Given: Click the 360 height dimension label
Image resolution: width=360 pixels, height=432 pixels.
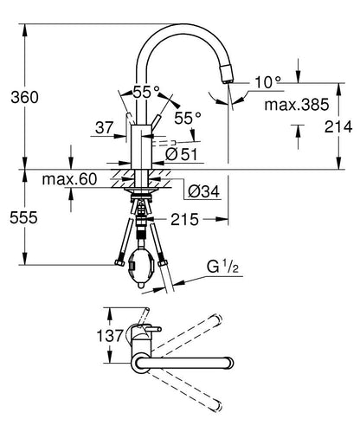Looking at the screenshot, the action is pyautogui.click(x=24, y=97).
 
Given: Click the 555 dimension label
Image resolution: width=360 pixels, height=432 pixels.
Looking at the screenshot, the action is pyautogui.click(x=23, y=217).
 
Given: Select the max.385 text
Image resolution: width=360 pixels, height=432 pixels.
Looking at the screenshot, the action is pyautogui.click(x=297, y=105).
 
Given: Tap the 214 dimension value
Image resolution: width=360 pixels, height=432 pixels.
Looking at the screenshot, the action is pyautogui.click(x=338, y=126).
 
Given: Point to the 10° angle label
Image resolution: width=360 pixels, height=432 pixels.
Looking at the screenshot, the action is pyautogui.click(x=267, y=82).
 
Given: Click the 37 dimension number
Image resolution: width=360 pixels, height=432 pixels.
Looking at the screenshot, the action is pyautogui.click(x=105, y=127).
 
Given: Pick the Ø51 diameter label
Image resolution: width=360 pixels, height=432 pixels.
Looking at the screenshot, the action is pyautogui.click(x=182, y=154).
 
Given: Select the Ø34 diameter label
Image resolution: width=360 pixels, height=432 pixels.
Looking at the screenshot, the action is pyautogui.click(x=203, y=191).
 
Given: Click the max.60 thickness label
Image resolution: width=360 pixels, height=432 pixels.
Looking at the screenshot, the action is pyautogui.click(x=69, y=179).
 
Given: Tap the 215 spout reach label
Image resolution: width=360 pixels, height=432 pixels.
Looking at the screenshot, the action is pyautogui.click(x=184, y=220).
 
